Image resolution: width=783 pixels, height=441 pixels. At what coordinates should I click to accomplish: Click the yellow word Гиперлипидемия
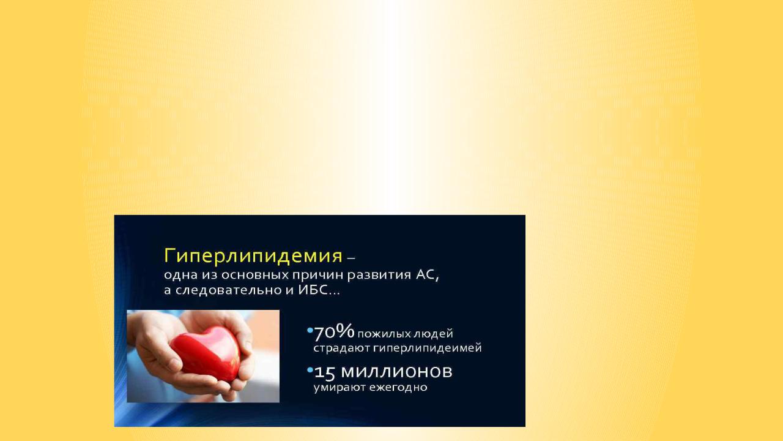(x=253, y=256)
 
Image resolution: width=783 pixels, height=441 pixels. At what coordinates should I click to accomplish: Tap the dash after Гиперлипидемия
(x=351, y=258)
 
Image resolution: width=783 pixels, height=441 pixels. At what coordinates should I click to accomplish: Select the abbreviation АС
(x=427, y=275)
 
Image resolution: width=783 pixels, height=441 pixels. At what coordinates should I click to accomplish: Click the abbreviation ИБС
(x=313, y=290)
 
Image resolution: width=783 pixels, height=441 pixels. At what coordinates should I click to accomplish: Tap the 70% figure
(x=334, y=332)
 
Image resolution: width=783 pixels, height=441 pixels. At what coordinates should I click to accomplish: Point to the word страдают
(x=341, y=349)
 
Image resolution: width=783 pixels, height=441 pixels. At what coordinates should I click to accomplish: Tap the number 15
(x=325, y=373)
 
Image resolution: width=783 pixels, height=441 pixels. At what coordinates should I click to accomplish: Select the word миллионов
(x=397, y=372)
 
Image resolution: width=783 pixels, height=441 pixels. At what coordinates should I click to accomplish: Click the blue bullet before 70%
(x=310, y=330)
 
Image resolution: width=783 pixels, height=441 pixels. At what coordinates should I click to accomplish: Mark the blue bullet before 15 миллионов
(x=310, y=370)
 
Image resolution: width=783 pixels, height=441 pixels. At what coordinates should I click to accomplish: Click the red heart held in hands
(x=208, y=353)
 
